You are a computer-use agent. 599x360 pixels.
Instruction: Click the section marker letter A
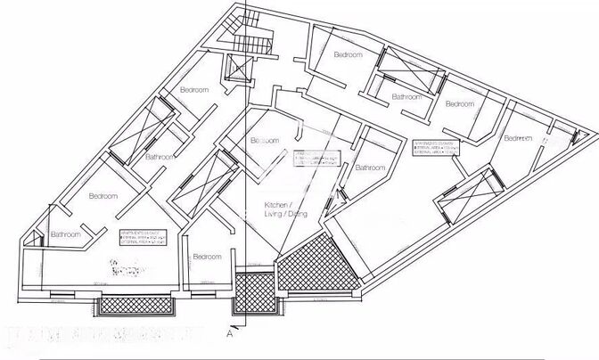tap(230, 336)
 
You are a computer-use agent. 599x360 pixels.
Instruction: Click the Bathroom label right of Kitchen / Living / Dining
tap(369, 168)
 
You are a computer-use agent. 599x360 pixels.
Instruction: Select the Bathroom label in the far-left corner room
tap(66, 234)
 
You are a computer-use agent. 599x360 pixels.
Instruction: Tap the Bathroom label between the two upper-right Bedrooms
tap(406, 95)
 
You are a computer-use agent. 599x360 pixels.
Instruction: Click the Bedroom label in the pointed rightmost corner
tap(517, 138)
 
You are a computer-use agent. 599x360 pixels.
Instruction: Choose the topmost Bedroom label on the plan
tap(348, 55)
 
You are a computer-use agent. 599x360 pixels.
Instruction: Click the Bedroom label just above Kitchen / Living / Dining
tap(265, 140)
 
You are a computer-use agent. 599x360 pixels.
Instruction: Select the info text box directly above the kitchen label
tap(316, 158)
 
